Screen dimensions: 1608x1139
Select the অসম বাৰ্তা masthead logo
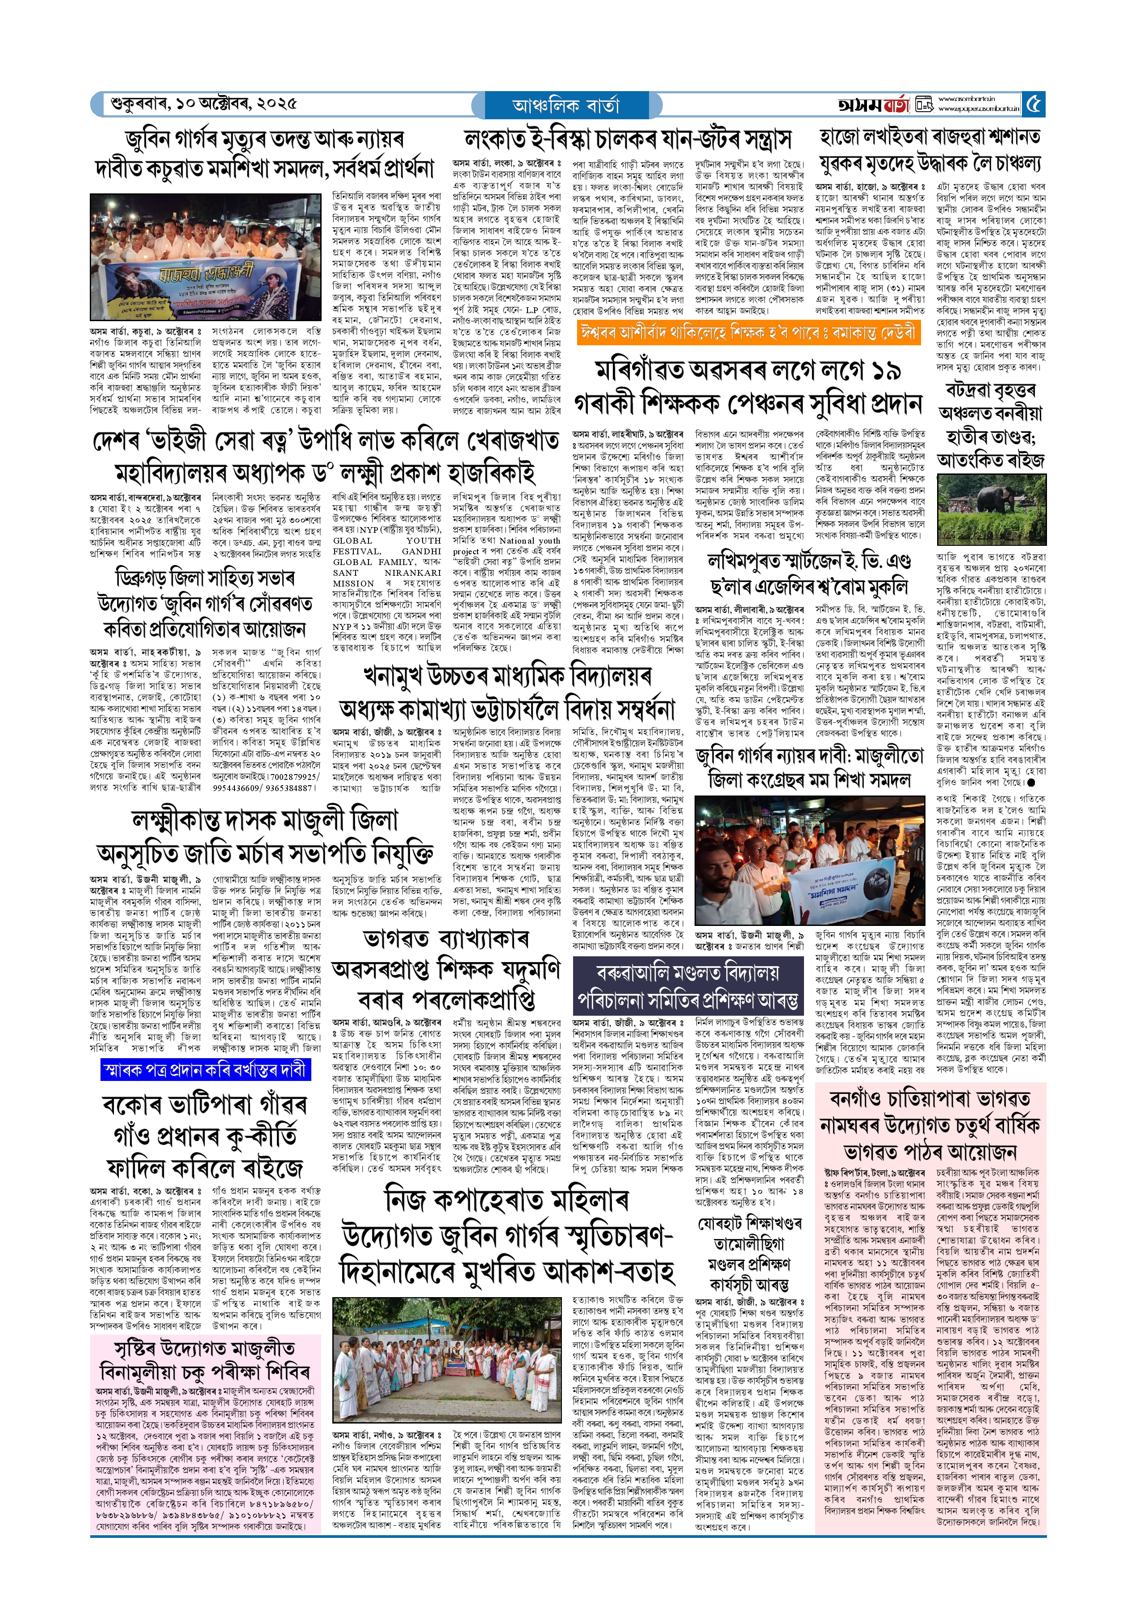pos(873,105)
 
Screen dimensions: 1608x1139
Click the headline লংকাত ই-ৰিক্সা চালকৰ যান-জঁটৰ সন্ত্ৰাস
pos(628,139)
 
